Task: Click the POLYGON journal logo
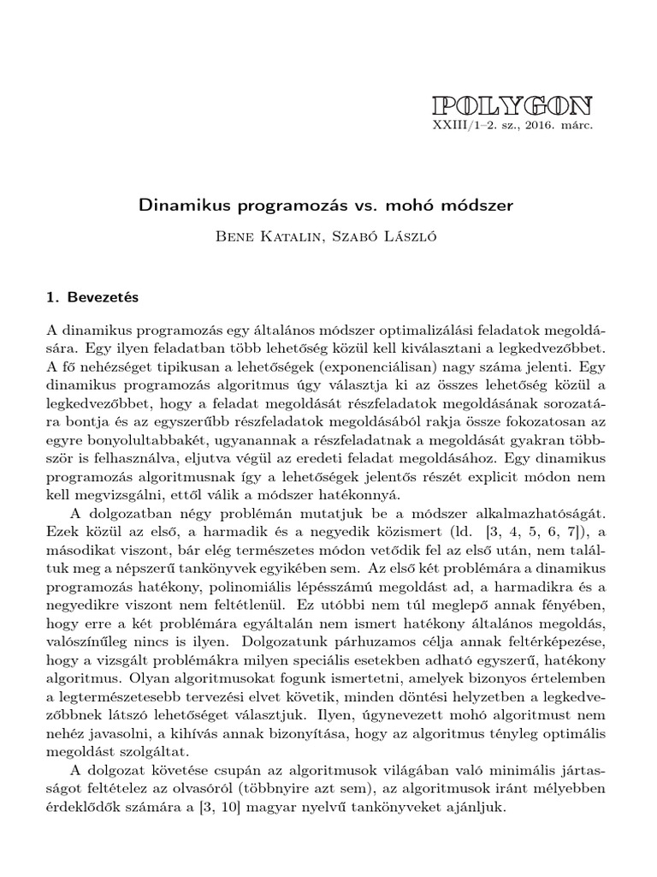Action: coord(512,105)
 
